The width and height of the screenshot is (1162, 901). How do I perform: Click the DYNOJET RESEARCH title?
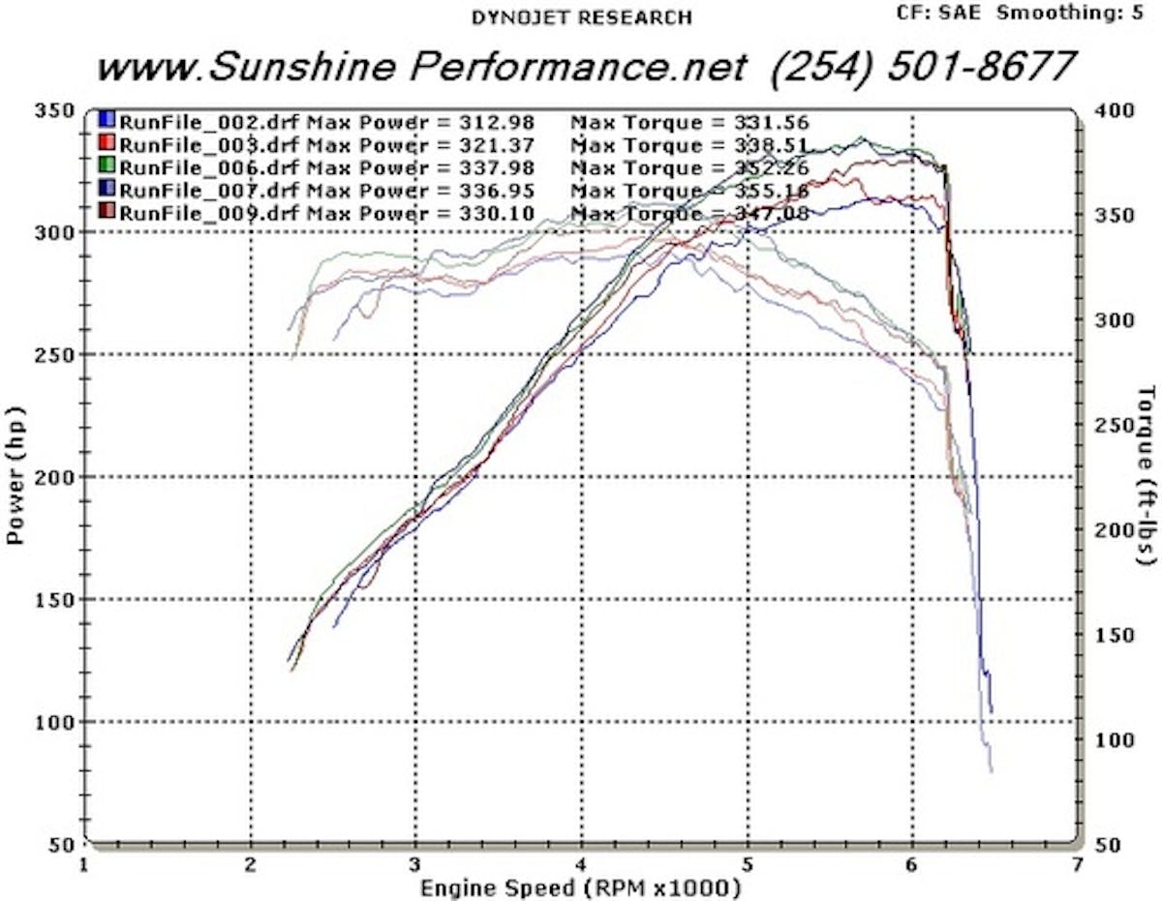[x=581, y=17]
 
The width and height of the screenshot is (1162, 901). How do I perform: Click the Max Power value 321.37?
[x=494, y=145]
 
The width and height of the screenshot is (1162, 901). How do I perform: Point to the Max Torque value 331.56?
[x=770, y=122]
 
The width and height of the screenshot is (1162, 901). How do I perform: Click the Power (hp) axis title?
[x=16, y=475]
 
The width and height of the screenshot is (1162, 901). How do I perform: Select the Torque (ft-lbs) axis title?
[x=1147, y=475]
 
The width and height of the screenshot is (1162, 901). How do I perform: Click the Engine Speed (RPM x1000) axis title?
[x=580, y=886]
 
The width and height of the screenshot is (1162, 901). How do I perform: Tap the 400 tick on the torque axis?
[x=1108, y=110]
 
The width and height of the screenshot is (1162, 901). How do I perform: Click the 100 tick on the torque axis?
[x=1108, y=739]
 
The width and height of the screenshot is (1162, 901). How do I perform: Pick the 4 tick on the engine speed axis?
[x=581, y=863]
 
